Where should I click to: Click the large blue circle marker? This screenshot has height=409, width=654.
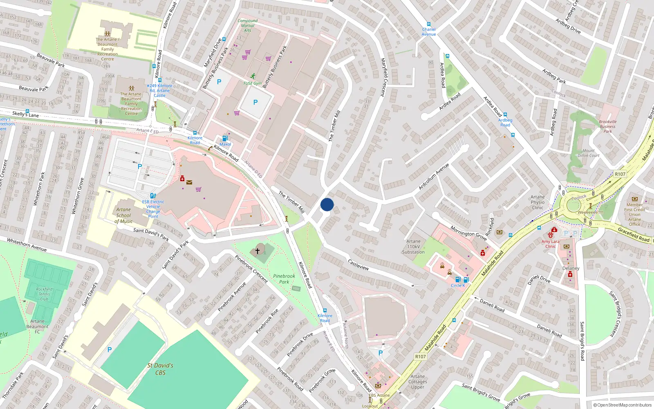point(327,204)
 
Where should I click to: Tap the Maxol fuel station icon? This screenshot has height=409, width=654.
point(224,139)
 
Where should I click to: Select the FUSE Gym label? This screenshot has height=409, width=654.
point(252,83)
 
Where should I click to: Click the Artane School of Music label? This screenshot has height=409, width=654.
point(123,215)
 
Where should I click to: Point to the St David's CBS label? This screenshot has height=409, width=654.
point(160,369)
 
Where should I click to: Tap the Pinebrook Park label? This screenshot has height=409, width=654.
point(284,279)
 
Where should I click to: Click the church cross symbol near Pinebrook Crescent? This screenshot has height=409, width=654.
point(258,250)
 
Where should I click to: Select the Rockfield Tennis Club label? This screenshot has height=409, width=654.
point(44,294)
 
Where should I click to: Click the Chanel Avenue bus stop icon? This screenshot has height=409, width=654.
point(428,24)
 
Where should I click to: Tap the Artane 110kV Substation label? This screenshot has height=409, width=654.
point(413,247)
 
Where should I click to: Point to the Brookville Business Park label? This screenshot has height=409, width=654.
point(608,126)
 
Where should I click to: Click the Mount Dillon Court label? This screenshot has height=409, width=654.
point(589,153)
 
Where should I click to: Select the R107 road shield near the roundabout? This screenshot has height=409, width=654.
point(620,174)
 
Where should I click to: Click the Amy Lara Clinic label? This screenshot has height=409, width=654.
point(551,244)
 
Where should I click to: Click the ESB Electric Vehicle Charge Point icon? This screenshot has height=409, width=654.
point(153,196)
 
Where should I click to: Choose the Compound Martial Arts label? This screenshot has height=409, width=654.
point(248,25)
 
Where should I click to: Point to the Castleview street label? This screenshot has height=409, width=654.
point(358,265)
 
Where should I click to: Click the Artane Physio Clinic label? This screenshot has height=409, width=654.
point(538,202)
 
